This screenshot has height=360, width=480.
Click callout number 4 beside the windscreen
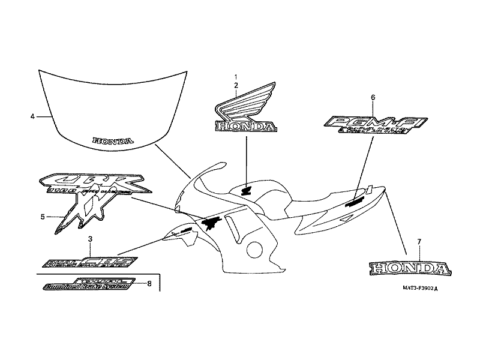point(32,116)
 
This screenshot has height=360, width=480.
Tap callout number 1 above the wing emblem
point(236,77)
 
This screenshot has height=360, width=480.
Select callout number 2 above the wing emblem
point(236,86)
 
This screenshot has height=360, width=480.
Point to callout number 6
point(373,97)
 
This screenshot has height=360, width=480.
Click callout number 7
point(419,241)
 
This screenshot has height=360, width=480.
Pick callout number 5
point(43,216)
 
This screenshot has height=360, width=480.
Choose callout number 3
point(90,239)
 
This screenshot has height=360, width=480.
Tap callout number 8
point(149,283)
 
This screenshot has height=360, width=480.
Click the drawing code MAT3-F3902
point(420,287)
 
